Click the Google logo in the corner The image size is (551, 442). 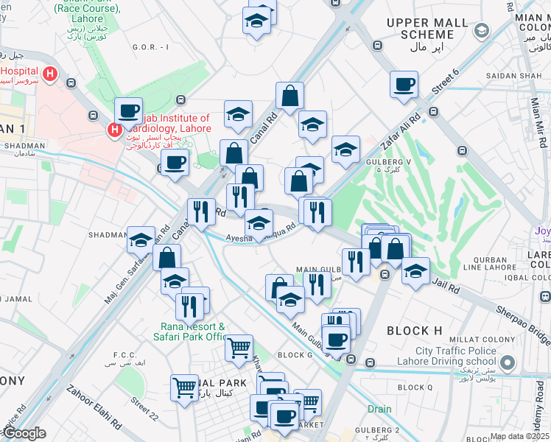click(x=24, y=433)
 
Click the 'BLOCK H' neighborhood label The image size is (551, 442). click(x=413, y=331)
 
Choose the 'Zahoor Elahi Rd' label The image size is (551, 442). click(x=93, y=408)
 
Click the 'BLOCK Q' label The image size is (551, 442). click(x=415, y=387)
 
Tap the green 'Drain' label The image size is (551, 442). click(x=380, y=408)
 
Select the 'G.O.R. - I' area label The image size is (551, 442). click(x=150, y=47)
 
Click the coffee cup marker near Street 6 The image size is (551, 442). click(x=404, y=85)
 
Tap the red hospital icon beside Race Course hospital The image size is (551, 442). click(x=50, y=74)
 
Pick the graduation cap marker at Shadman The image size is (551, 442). click(x=141, y=240)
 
